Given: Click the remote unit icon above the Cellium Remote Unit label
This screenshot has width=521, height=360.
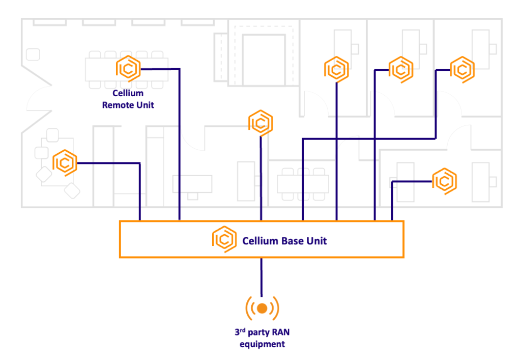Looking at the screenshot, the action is coord(128,69).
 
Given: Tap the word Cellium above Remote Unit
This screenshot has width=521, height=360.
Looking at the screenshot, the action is coord(128,93).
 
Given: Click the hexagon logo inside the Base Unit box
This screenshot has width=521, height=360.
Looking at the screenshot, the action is coord(224,239).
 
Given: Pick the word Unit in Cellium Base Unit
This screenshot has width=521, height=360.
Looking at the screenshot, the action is coord(316,241).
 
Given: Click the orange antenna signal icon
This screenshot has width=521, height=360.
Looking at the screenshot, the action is coord(262,309).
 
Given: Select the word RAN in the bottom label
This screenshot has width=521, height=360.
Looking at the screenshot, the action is coord(281,332).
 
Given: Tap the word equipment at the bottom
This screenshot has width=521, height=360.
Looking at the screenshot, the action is coord(262,344).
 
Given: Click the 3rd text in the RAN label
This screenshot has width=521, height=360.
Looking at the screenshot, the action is coord(240,332).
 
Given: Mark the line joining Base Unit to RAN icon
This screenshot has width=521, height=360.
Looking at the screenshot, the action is coord(262,277).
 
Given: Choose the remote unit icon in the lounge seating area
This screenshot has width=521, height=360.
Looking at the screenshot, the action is coord(65,163).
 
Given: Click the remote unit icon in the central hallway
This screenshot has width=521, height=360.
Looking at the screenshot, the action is coord(261,123).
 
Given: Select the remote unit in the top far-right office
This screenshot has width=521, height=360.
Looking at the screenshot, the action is coord(462,69).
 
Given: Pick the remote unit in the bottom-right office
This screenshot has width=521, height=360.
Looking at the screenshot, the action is coord(445,181).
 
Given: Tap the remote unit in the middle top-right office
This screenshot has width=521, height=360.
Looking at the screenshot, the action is coord(401,69).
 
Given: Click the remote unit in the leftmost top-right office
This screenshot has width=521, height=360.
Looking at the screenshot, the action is coord(337,69).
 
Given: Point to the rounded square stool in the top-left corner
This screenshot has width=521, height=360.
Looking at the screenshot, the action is coord(33,54).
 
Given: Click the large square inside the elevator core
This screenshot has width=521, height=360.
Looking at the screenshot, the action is coord(264,60).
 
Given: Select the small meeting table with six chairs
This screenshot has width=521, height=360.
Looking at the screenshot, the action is coord(303,184).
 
